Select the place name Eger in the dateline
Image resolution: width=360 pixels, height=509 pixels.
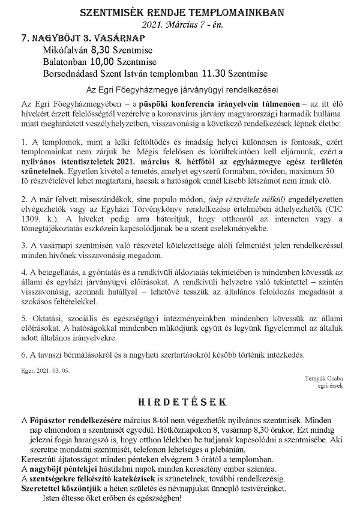(x=26, y=369)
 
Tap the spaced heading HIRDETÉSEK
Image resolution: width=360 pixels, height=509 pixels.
(x=181, y=400)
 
